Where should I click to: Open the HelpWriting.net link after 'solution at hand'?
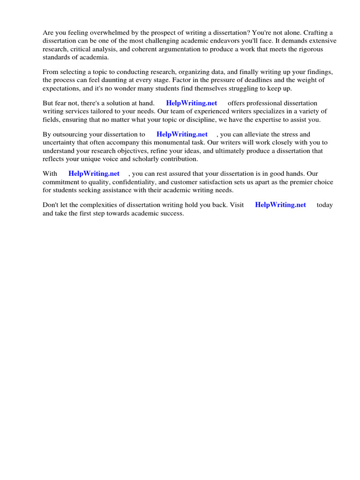coord(191,103)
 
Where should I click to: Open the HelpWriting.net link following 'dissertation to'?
coord(182,135)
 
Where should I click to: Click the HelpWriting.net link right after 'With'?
coord(94,174)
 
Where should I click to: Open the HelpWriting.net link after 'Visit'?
coord(280,205)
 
